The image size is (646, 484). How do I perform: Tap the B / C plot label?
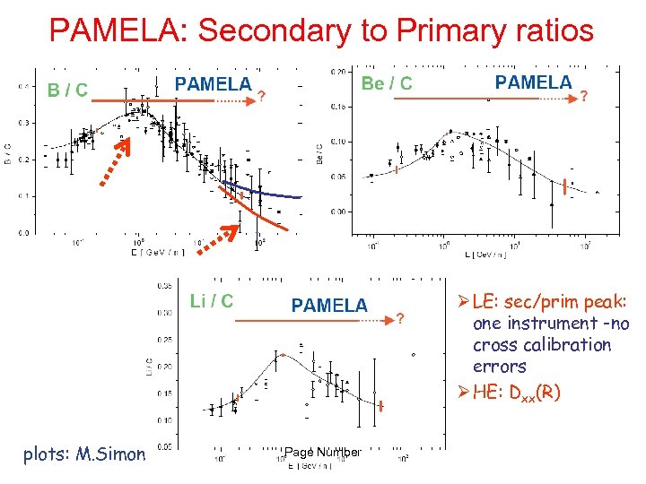point(68,90)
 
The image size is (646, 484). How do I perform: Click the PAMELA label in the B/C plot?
point(213,84)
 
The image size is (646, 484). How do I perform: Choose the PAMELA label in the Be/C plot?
point(533,82)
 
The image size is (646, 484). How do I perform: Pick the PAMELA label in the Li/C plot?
point(329,306)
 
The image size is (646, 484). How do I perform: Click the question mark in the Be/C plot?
point(585,96)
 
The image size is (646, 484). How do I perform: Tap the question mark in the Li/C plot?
point(400,318)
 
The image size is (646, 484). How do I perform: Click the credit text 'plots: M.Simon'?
point(84,454)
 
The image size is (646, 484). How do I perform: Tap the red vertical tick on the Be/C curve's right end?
point(563,188)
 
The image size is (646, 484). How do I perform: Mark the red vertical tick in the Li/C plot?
point(381,407)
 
